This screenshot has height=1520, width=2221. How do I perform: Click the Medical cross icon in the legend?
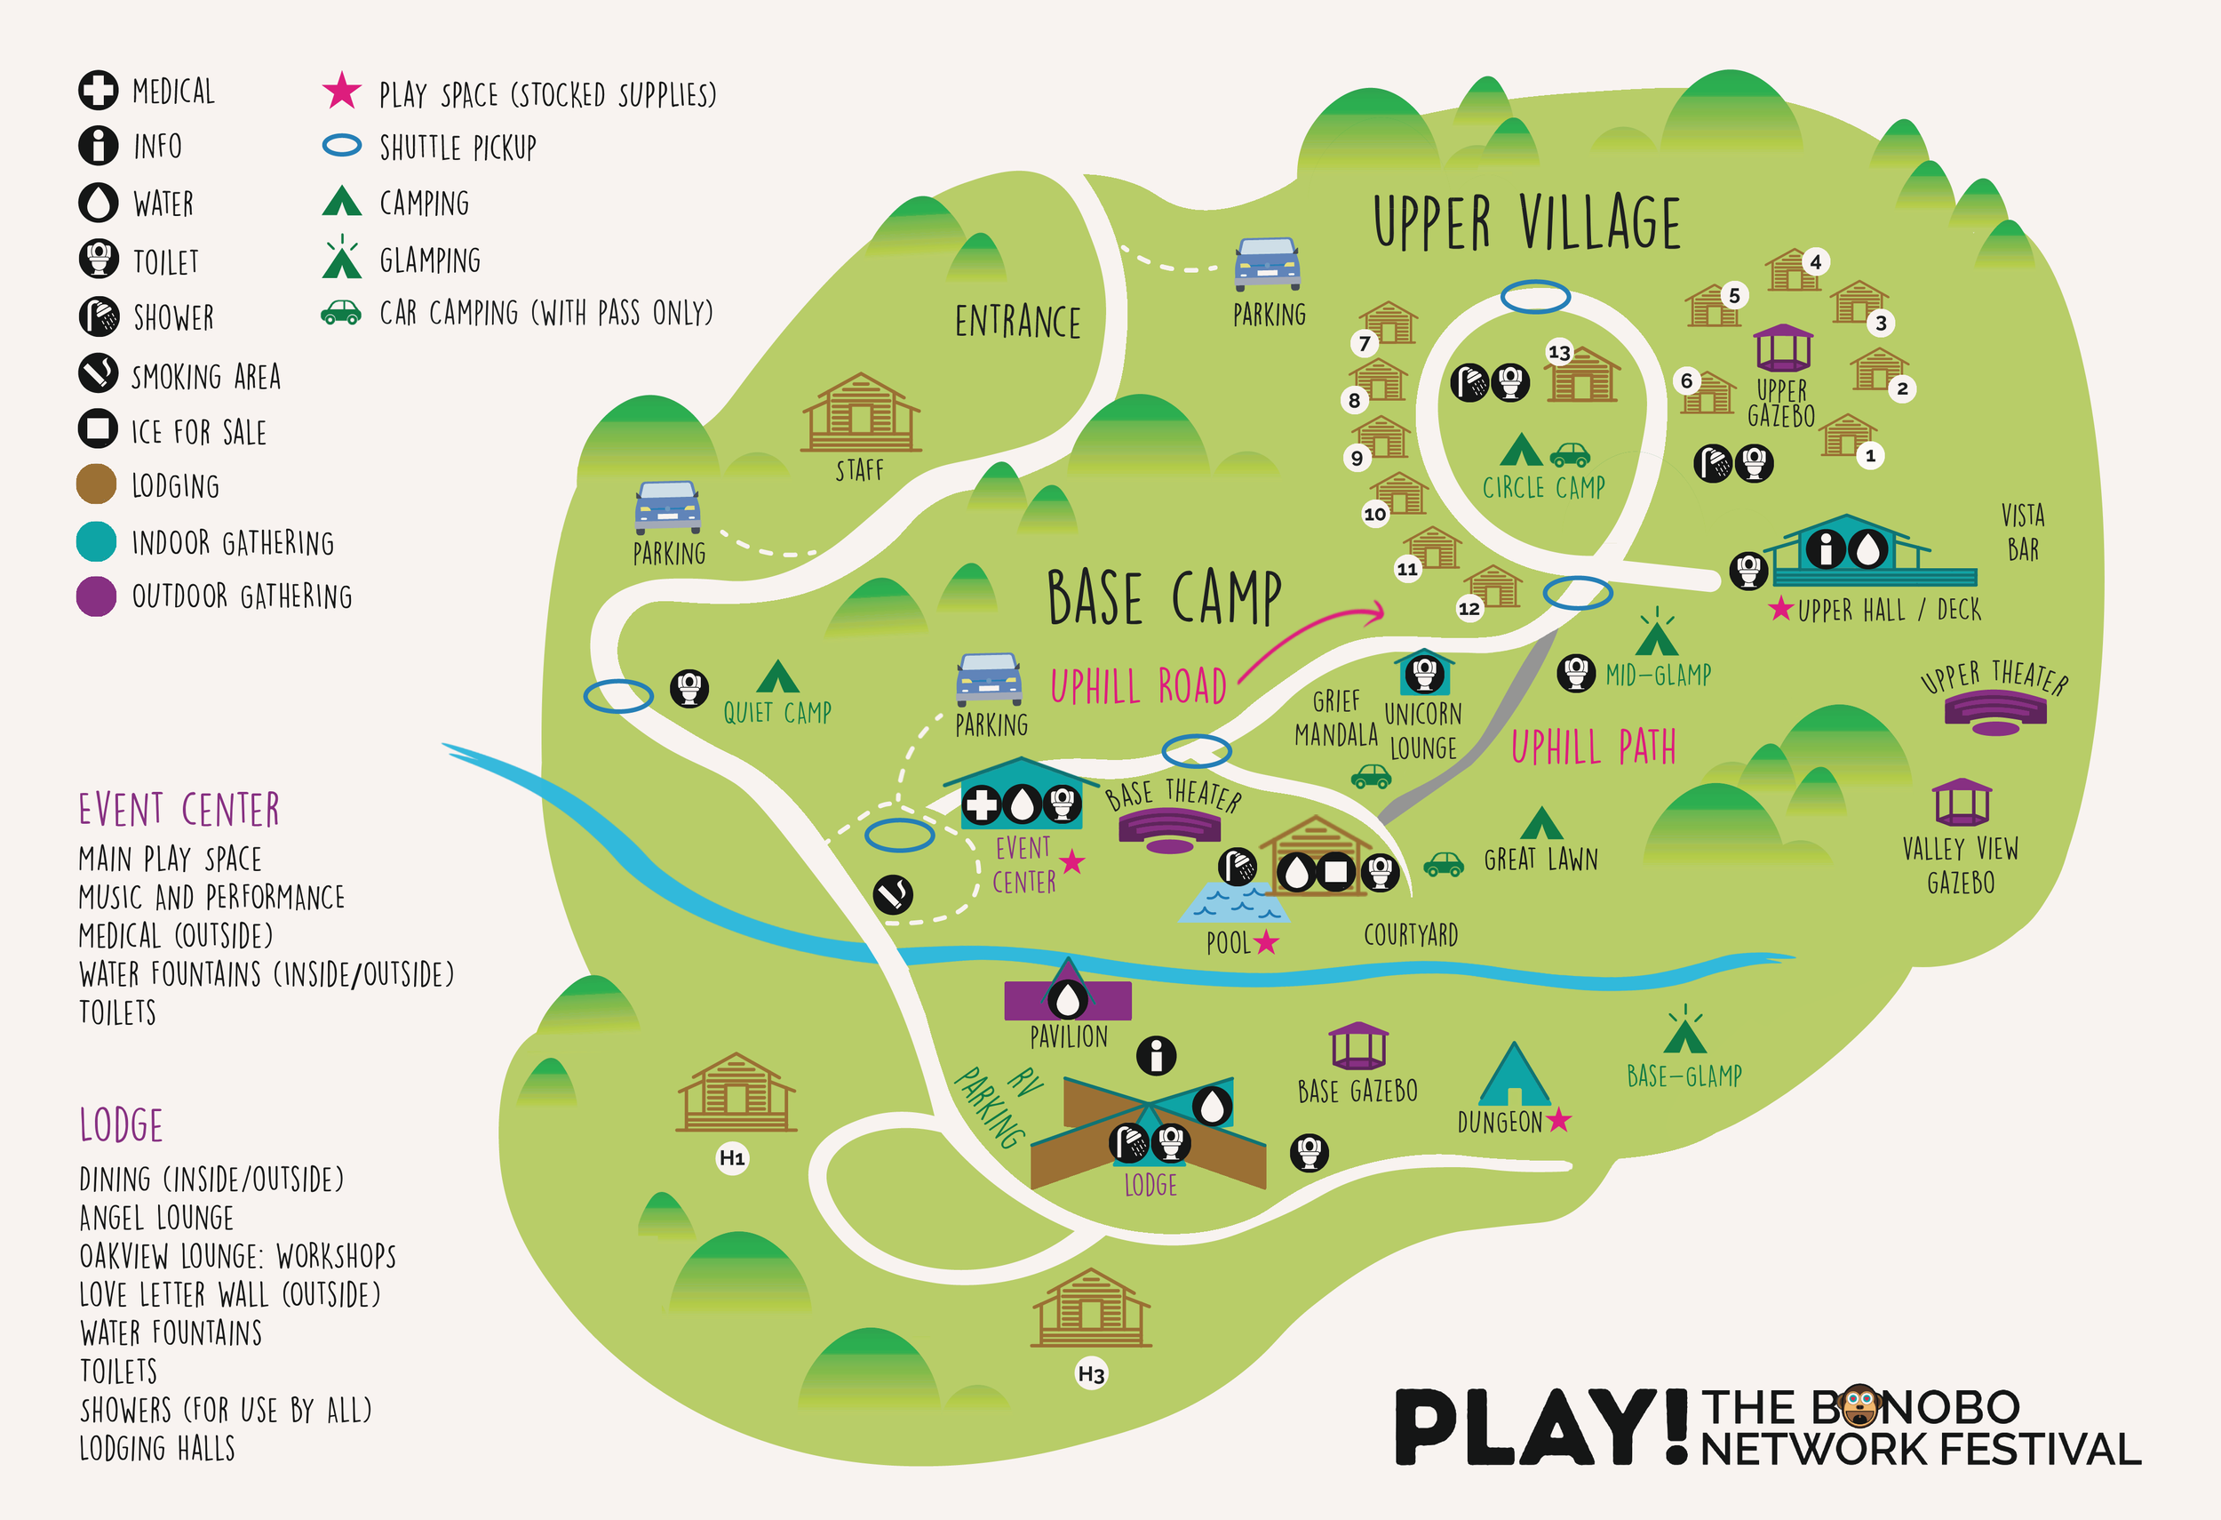click(98, 90)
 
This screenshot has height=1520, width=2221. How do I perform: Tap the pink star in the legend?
click(341, 91)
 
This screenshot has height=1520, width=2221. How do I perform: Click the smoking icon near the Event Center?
click(893, 894)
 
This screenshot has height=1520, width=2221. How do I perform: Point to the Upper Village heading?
click(1526, 222)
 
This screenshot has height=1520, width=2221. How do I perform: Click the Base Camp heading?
click(1164, 597)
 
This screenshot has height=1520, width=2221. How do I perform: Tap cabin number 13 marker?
click(1559, 353)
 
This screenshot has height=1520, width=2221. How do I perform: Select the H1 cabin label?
click(732, 1157)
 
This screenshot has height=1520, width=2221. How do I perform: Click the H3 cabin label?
click(1090, 1373)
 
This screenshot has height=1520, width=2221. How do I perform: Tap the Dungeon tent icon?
click(1513, 1075)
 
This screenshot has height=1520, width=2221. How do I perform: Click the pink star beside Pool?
click(1266, 942)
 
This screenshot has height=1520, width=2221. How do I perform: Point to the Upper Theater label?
click(1994, 676)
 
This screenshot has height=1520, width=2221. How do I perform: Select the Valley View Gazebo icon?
click(1961, 802)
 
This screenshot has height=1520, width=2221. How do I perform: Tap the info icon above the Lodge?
click(1156, 1055)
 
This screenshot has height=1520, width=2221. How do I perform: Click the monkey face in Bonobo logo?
click(1859, 1406)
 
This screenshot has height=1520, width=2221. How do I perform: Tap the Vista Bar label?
click(2023, 532)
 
